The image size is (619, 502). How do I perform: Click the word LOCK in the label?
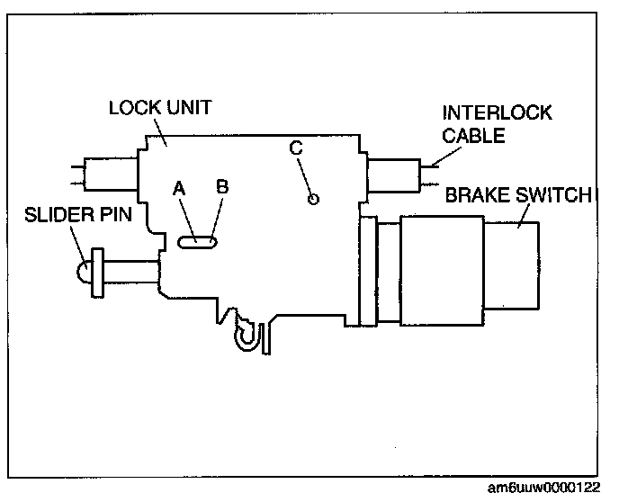pyautogui.click(x=131, y=108)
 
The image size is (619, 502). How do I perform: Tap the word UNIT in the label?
pyautogui.click(x=186, y=108)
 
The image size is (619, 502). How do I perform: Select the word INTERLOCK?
pyautogui.click(x=497, y=113)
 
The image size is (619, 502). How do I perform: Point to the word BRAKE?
pyautogui.click(x=475, y=193)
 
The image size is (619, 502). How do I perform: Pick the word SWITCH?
pyautogui.click(x=552, y=193)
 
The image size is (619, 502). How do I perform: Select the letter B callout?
pyautogui.click(x=222, y=187)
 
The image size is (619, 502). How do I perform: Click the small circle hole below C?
pyautogui.click(x=312, y=200)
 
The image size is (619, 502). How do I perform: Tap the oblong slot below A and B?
pyautogui.click(x=197, y=241)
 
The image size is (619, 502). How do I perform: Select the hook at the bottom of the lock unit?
pyautogui.click(x=245, y=333)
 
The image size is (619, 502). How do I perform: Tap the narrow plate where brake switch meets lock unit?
pyautogui.click(x=365, y=270)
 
